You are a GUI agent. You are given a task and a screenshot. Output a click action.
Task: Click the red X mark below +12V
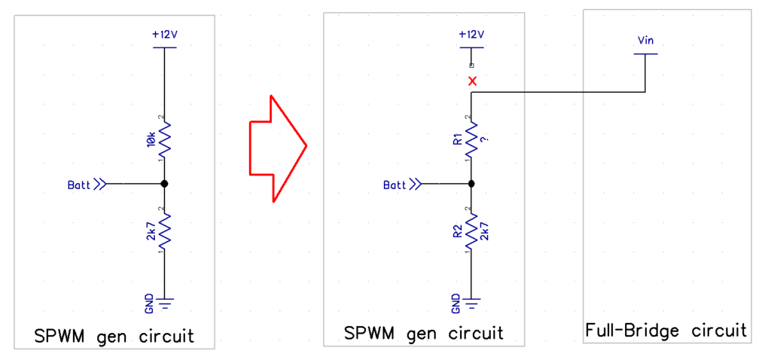[x=472, y=81]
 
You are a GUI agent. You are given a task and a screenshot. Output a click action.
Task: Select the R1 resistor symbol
[x=471, y=139]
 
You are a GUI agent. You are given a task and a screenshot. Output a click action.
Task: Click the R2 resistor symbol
[x=471, y=230]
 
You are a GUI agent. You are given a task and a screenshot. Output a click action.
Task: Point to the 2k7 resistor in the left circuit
[x=164, y=230]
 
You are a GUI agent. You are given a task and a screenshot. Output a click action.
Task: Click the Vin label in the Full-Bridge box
[x=645, y=41]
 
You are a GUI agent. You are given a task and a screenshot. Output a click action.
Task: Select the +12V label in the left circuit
[x=164, y=35]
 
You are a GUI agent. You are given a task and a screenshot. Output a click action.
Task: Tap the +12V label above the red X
[x=471, y=35]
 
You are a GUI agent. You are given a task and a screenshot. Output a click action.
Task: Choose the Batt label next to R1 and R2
[x=395, y=184]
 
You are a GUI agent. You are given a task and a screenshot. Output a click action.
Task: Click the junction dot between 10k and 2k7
[x=164, y=184]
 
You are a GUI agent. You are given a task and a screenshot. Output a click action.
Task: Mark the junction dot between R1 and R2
[x=471, y=184]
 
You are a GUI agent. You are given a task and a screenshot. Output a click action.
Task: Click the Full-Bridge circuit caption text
[x=666, y=330]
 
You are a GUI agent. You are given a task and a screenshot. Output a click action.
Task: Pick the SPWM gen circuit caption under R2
[x=423, y=333]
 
